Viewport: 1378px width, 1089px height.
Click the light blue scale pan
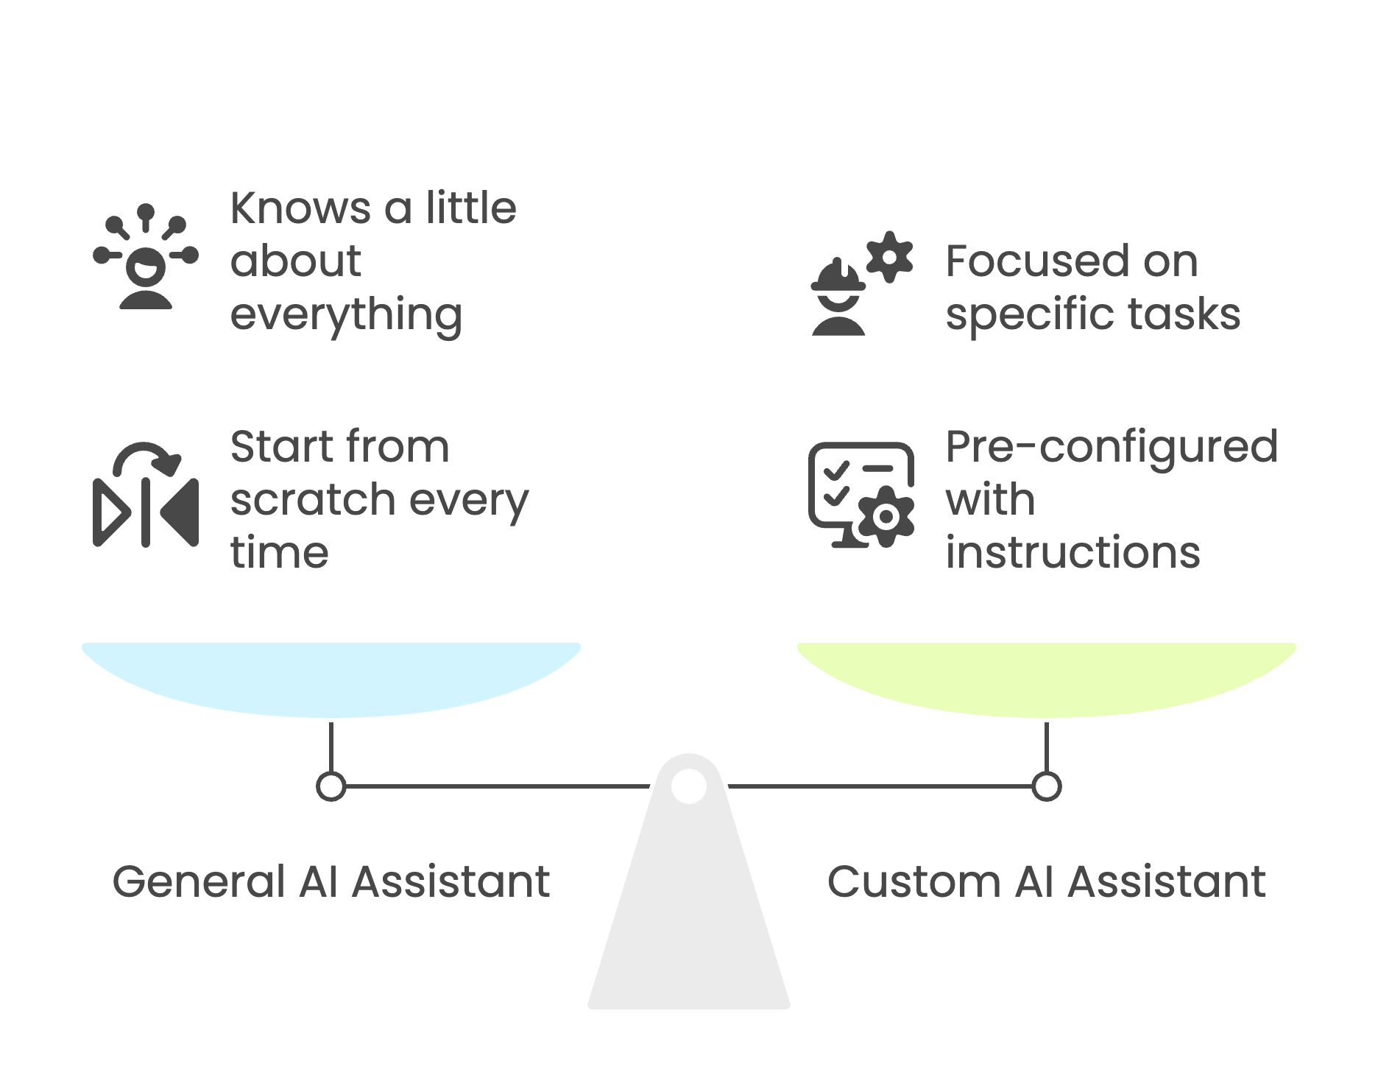331,677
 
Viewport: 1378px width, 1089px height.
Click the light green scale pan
1046,677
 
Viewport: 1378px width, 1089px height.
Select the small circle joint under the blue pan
331,786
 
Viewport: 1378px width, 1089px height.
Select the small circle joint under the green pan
1046,786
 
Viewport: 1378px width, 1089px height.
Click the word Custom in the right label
913,881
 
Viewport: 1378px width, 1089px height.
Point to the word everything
346,315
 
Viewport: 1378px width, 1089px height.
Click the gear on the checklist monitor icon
886,517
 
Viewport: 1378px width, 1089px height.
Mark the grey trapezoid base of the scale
689,920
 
